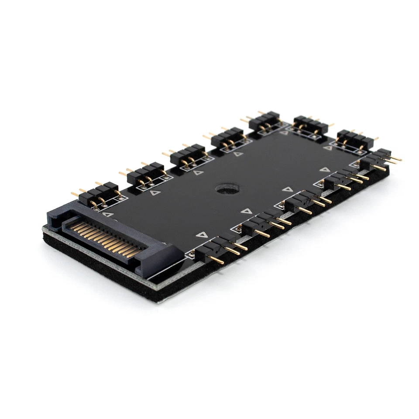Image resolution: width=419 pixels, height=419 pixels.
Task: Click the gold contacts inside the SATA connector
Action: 107,239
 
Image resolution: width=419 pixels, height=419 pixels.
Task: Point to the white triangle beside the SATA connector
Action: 107,214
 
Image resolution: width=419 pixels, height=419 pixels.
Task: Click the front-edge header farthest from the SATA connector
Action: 378,159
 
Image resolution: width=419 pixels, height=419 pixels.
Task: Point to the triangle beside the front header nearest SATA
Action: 201,235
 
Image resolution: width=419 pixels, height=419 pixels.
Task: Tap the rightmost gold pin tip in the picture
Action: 399,159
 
